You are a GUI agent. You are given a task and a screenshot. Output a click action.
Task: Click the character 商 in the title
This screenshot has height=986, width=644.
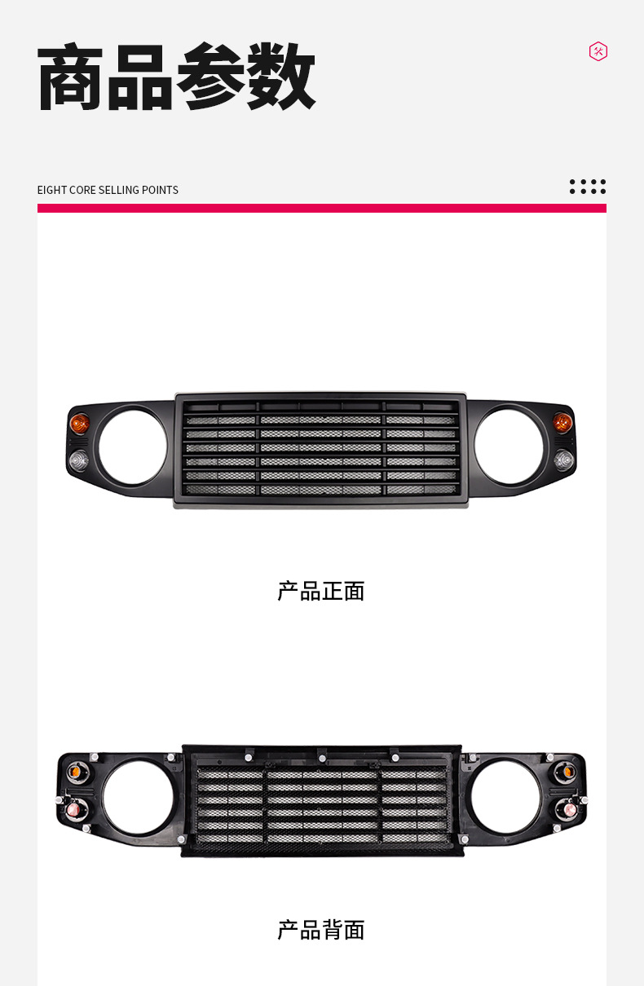(x=72, y=77)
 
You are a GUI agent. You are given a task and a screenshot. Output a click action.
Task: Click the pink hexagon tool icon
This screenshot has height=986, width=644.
(x=598, y=51)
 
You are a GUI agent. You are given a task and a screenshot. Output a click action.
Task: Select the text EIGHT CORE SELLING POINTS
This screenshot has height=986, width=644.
(x=108, y=190)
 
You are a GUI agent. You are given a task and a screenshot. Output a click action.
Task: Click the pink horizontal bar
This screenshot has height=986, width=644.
(x=321, y=209)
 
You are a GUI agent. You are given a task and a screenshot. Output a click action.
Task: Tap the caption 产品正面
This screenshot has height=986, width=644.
(x=321, y=591)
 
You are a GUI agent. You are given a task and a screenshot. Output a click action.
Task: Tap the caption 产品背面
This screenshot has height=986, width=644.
(x=321, y=930)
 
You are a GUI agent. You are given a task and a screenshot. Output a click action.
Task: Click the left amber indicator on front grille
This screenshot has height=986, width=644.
(x=80, y=423)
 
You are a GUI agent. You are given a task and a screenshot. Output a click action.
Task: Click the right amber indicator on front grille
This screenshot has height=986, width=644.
(x=562, y=422)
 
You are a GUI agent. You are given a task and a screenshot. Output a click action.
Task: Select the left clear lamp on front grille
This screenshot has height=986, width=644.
(x=78, y=461)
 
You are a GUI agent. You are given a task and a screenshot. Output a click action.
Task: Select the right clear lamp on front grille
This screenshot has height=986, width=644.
(x=564, y=460)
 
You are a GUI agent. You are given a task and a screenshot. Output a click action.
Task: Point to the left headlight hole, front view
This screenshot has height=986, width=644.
(x=132, y=447)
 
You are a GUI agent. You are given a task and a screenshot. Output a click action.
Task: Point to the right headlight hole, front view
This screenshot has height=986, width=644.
(x=509, y=447)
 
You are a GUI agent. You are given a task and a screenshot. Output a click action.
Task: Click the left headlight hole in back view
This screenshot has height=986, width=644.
(x=138, y=799)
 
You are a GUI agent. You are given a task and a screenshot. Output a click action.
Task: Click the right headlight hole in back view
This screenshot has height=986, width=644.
(x=505, y=799)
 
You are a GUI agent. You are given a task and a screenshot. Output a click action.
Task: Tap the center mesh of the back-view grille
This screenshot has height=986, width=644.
(x=322, y=803)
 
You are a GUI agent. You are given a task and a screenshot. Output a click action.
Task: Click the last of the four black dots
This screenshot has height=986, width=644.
(x=602, y=187)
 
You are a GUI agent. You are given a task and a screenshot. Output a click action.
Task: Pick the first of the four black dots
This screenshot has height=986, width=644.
(x=573, y=187)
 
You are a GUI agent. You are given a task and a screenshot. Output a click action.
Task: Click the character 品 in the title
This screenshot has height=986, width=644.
(x=140, y=77)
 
